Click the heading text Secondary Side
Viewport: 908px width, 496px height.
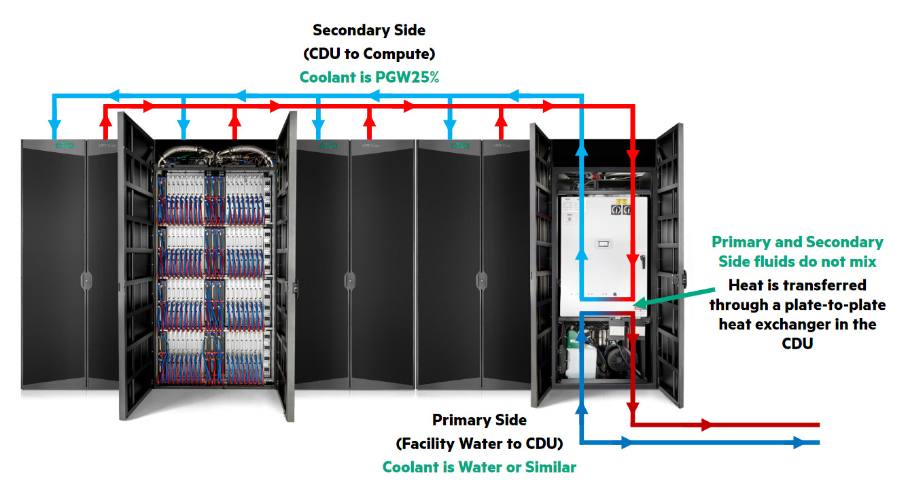(x=369, y=30)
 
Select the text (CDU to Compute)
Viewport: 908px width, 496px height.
(x=369, y=53)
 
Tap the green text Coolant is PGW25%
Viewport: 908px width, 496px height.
(x=369, y=77)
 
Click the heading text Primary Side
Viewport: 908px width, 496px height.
(x=479, y=421)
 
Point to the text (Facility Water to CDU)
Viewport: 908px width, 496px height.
(x=479, y=444)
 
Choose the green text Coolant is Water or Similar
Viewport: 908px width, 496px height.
(x=479, y=467)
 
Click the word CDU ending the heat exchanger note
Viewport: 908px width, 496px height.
(x=797, y=343)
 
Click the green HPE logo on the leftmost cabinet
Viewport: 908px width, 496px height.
(x=65, y=145)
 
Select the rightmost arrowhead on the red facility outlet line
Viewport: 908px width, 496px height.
(x=708, y=425)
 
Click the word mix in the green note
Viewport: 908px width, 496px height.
(x=862, y=262)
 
